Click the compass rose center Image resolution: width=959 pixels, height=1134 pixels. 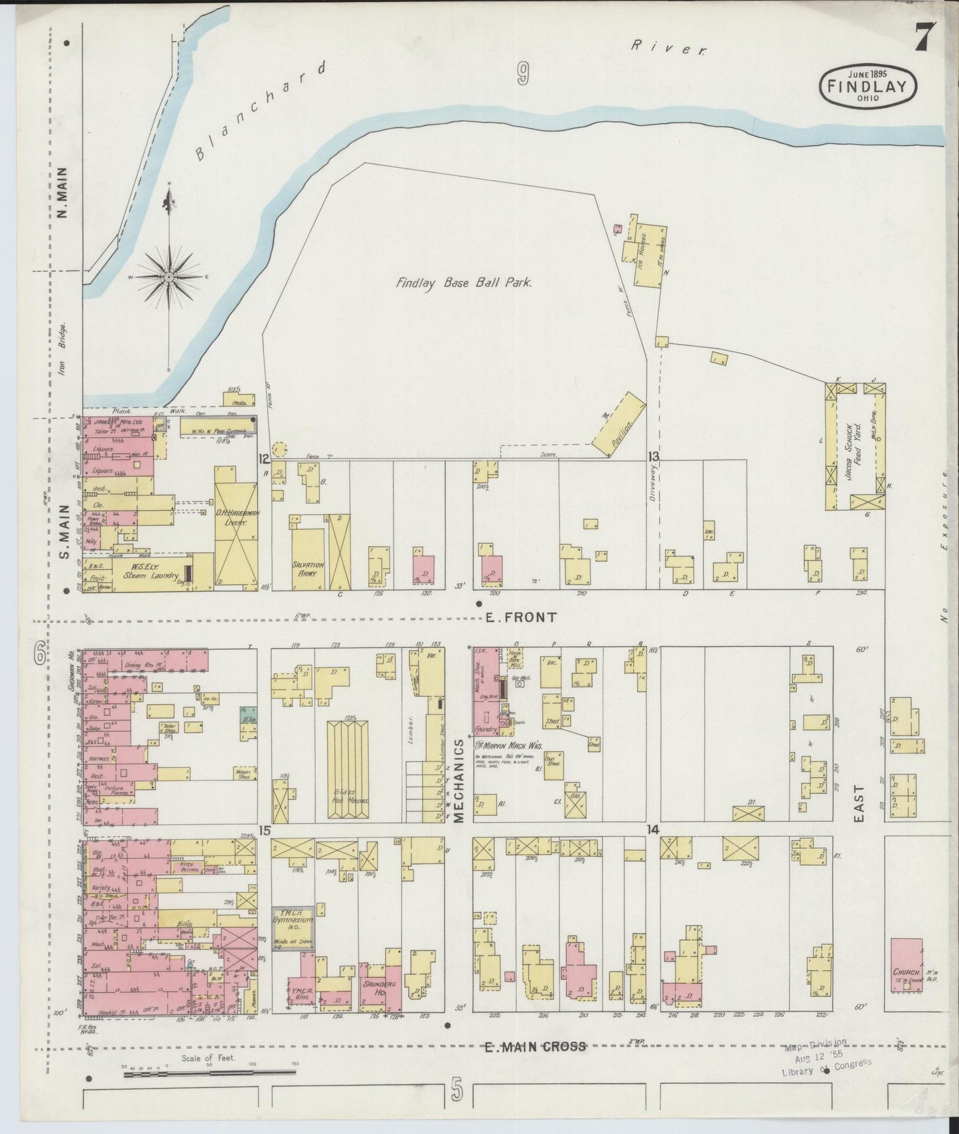click(x=169, y=276)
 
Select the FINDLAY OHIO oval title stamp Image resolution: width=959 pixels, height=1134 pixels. click(x=868, y=86)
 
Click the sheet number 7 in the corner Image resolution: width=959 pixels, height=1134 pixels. click(x=924, y=36)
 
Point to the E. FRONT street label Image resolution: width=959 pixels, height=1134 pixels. click(x=520, y=617)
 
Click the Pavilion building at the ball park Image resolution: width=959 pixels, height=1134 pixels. click(x=619, y=424)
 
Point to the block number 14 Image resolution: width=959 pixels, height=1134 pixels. click(x=654, y=830)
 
